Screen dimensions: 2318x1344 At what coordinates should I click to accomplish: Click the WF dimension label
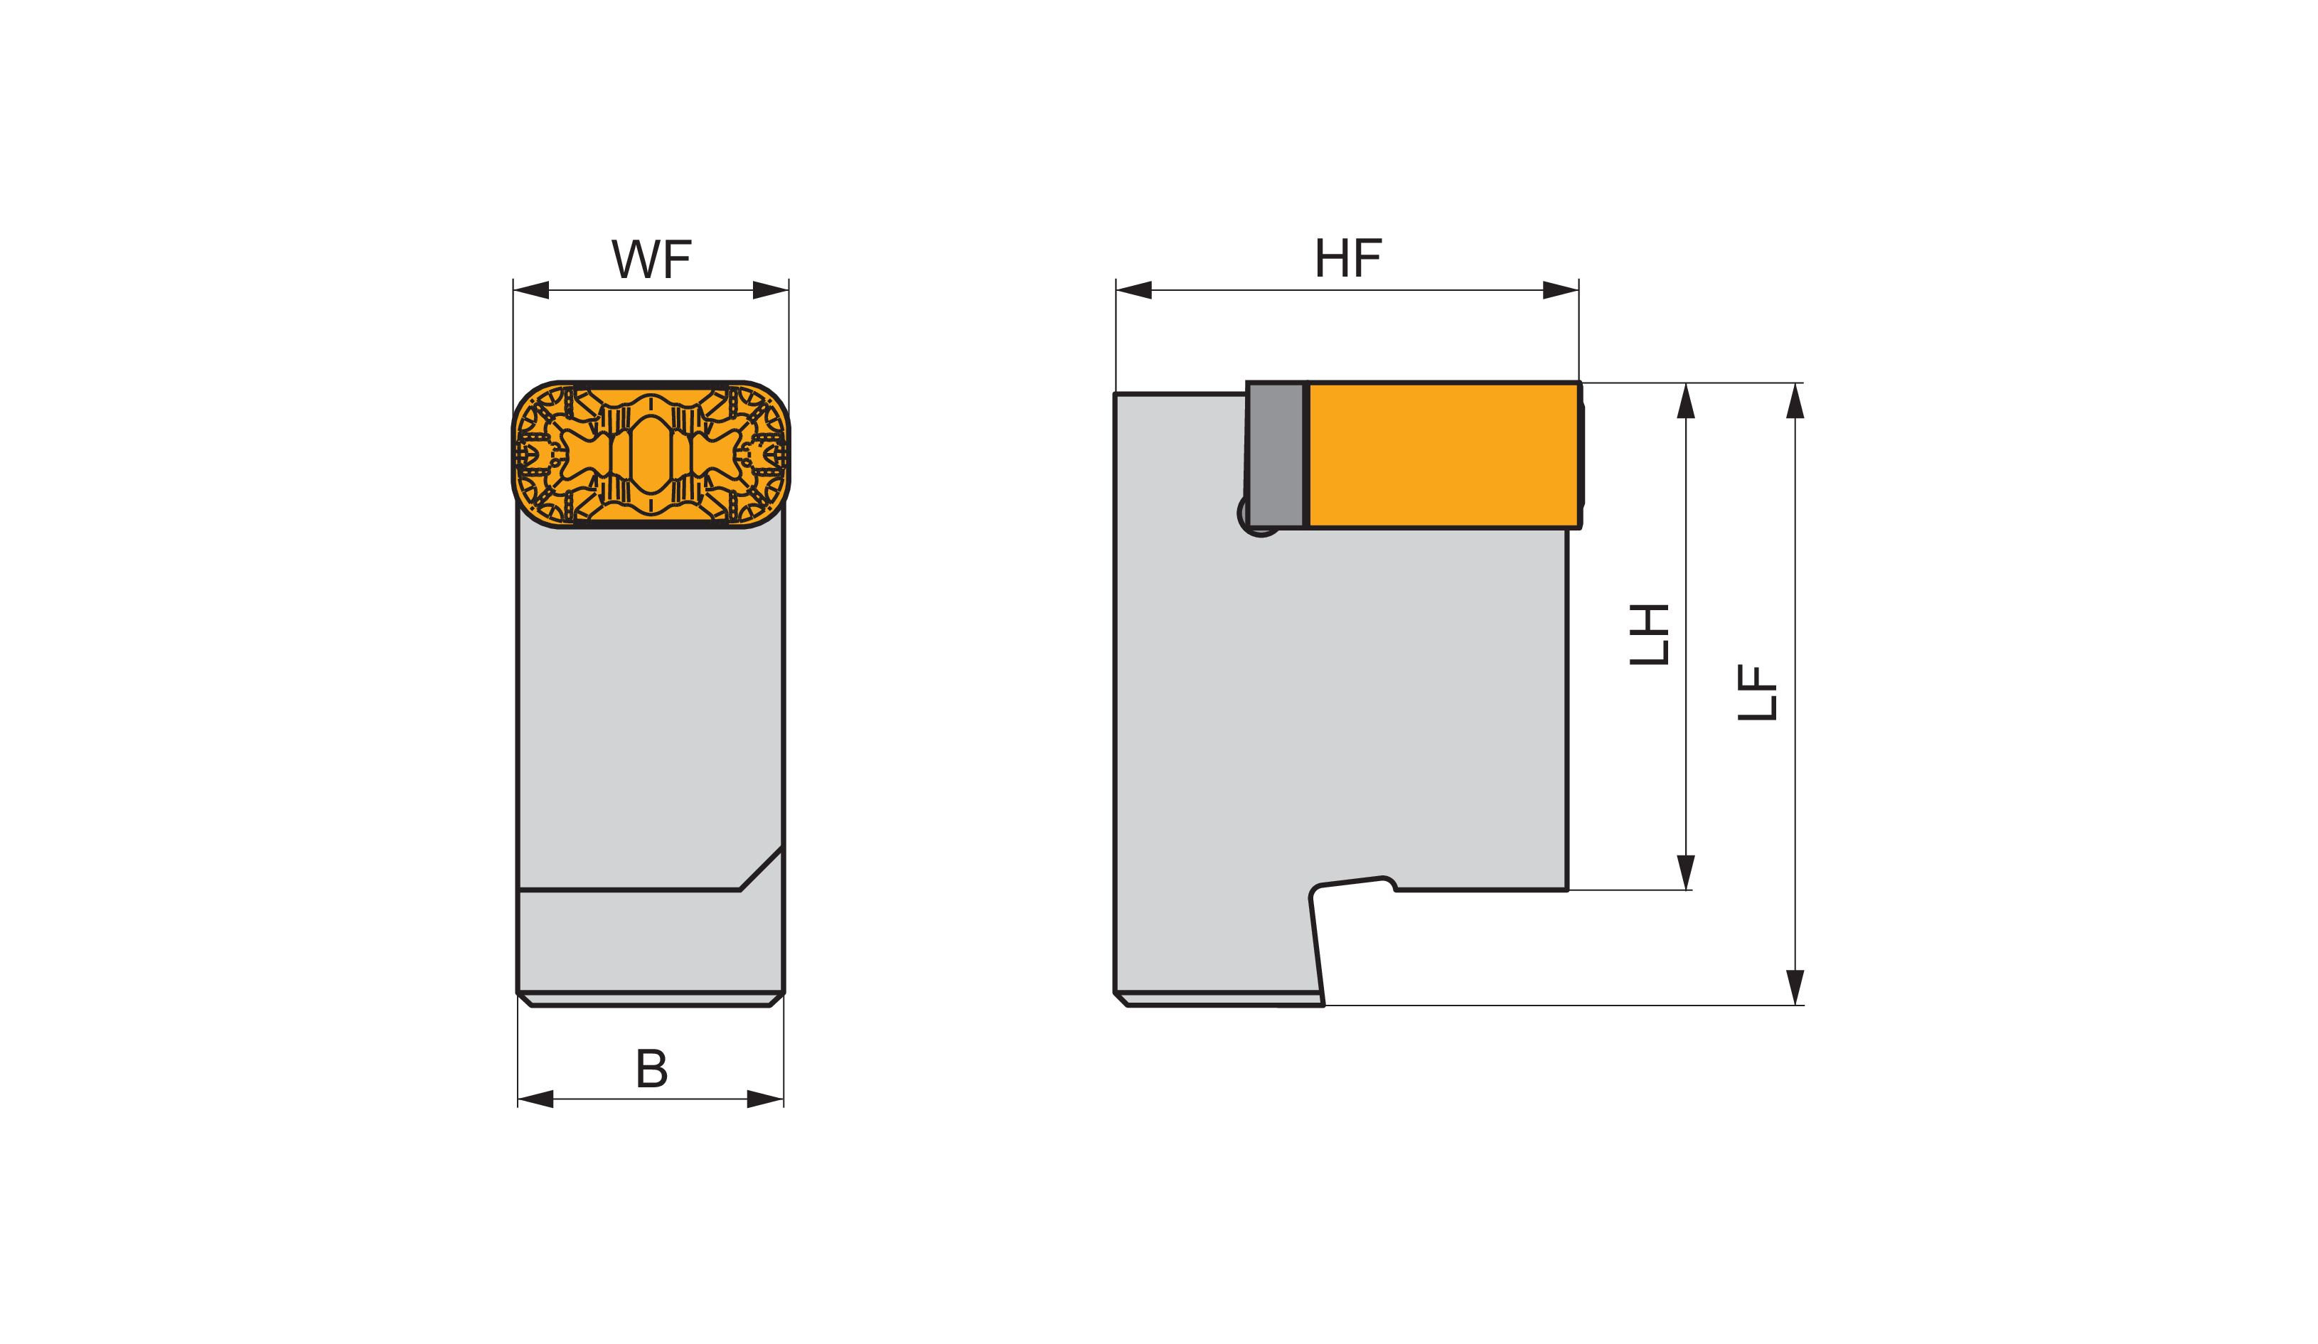pyautogui.click(x=651, y=259)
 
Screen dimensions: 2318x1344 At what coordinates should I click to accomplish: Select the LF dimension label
pyautogui.click(x=1757, y=692)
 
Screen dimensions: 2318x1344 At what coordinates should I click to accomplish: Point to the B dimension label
pyautogui.click(x=652, y=1068)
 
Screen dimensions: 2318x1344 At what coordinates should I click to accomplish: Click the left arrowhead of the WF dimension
pyautogui.click(x=530, y=289)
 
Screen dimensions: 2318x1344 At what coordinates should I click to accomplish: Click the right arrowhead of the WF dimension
pyautogui.click(x=771, y=289)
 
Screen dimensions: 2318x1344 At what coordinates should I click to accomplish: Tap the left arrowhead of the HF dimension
pyautogui.click(x=1134, y=289)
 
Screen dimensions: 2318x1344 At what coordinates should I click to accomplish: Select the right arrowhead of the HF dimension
pyautogui.click(x=1561, y=289)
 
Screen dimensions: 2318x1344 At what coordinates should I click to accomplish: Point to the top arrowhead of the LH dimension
pyautogui.click(x=1686, y=400)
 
